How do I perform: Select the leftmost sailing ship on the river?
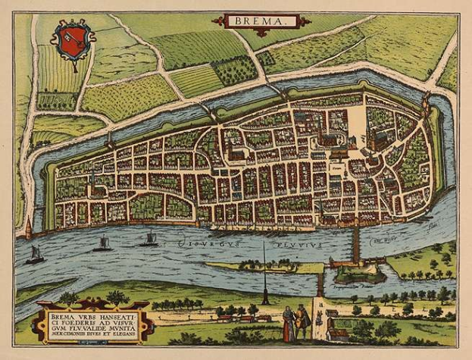point(35,255)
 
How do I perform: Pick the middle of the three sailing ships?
point(102,243)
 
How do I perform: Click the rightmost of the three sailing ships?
point(150,239)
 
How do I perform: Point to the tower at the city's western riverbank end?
point(29,227)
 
